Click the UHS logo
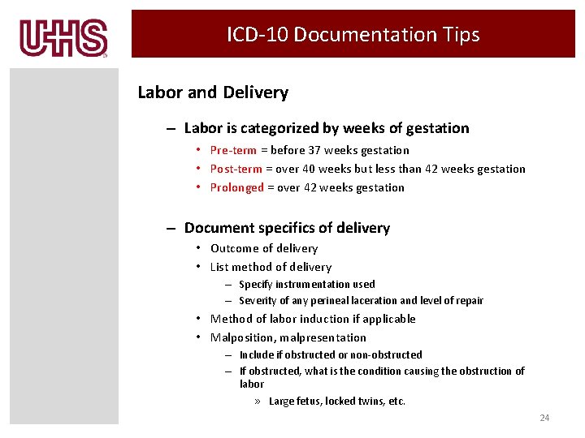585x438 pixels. (x=63, y=38)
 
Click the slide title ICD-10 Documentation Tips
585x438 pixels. (x=353, y=35)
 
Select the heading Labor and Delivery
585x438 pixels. (x=213, y=92)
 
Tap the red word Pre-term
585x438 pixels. (x=233, y=150)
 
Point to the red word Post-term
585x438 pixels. (x=236, y=169)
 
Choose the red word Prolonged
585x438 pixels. (x=236, y=187)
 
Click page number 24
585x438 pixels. (x=544, y=418)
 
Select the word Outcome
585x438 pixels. (x=234, y=248)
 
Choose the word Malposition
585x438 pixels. (x=243, y=337)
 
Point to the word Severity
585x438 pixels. (x=258, y=300)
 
